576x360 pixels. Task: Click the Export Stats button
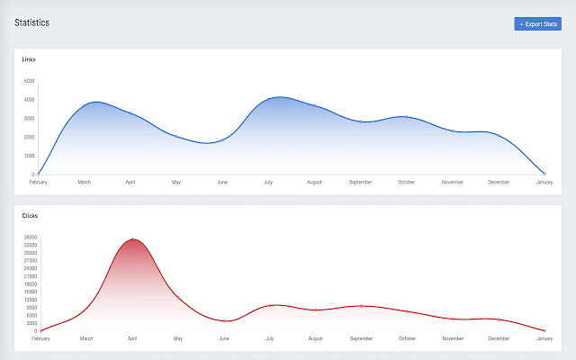537,23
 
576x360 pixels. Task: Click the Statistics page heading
31,22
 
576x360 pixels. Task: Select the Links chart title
30,59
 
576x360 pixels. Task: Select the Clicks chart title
30,216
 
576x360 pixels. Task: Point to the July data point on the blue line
268,99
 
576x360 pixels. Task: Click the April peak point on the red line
132,239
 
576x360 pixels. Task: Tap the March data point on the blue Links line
84,105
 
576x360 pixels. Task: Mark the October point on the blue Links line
407,117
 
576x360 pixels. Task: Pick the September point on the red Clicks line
361,306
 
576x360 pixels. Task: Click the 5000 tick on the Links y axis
29,81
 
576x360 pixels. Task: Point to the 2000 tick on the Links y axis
29,137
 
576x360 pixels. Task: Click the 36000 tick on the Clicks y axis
31,238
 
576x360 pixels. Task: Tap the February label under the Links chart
38,182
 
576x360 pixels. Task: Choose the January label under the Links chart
544,182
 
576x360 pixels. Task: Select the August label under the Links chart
314,182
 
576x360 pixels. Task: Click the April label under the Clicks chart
132,338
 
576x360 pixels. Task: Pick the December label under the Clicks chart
499,338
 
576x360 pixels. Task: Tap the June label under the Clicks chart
224,338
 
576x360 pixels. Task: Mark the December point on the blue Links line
499,135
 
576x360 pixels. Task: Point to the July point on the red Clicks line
270,305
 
